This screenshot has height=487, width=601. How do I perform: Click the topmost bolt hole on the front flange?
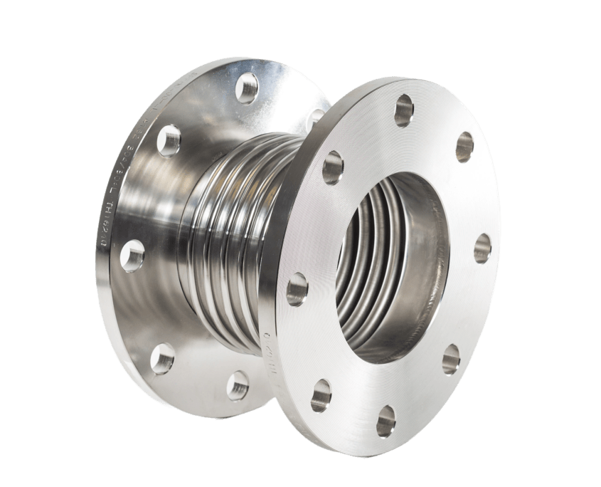[404, 108]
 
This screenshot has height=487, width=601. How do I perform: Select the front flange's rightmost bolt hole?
[482, 247]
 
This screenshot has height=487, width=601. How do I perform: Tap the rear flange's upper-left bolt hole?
[169, 140]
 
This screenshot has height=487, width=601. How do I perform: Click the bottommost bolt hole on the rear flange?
[237, 386]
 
